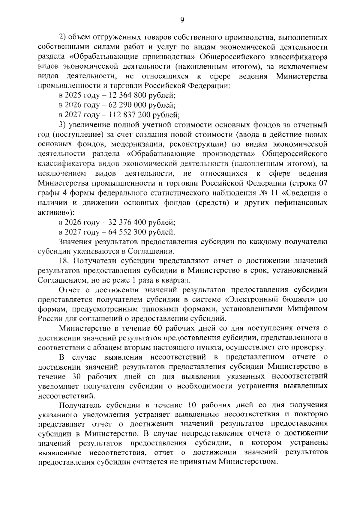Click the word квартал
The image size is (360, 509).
(x=178, y=280)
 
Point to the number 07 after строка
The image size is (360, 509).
(x=322, y=183)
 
